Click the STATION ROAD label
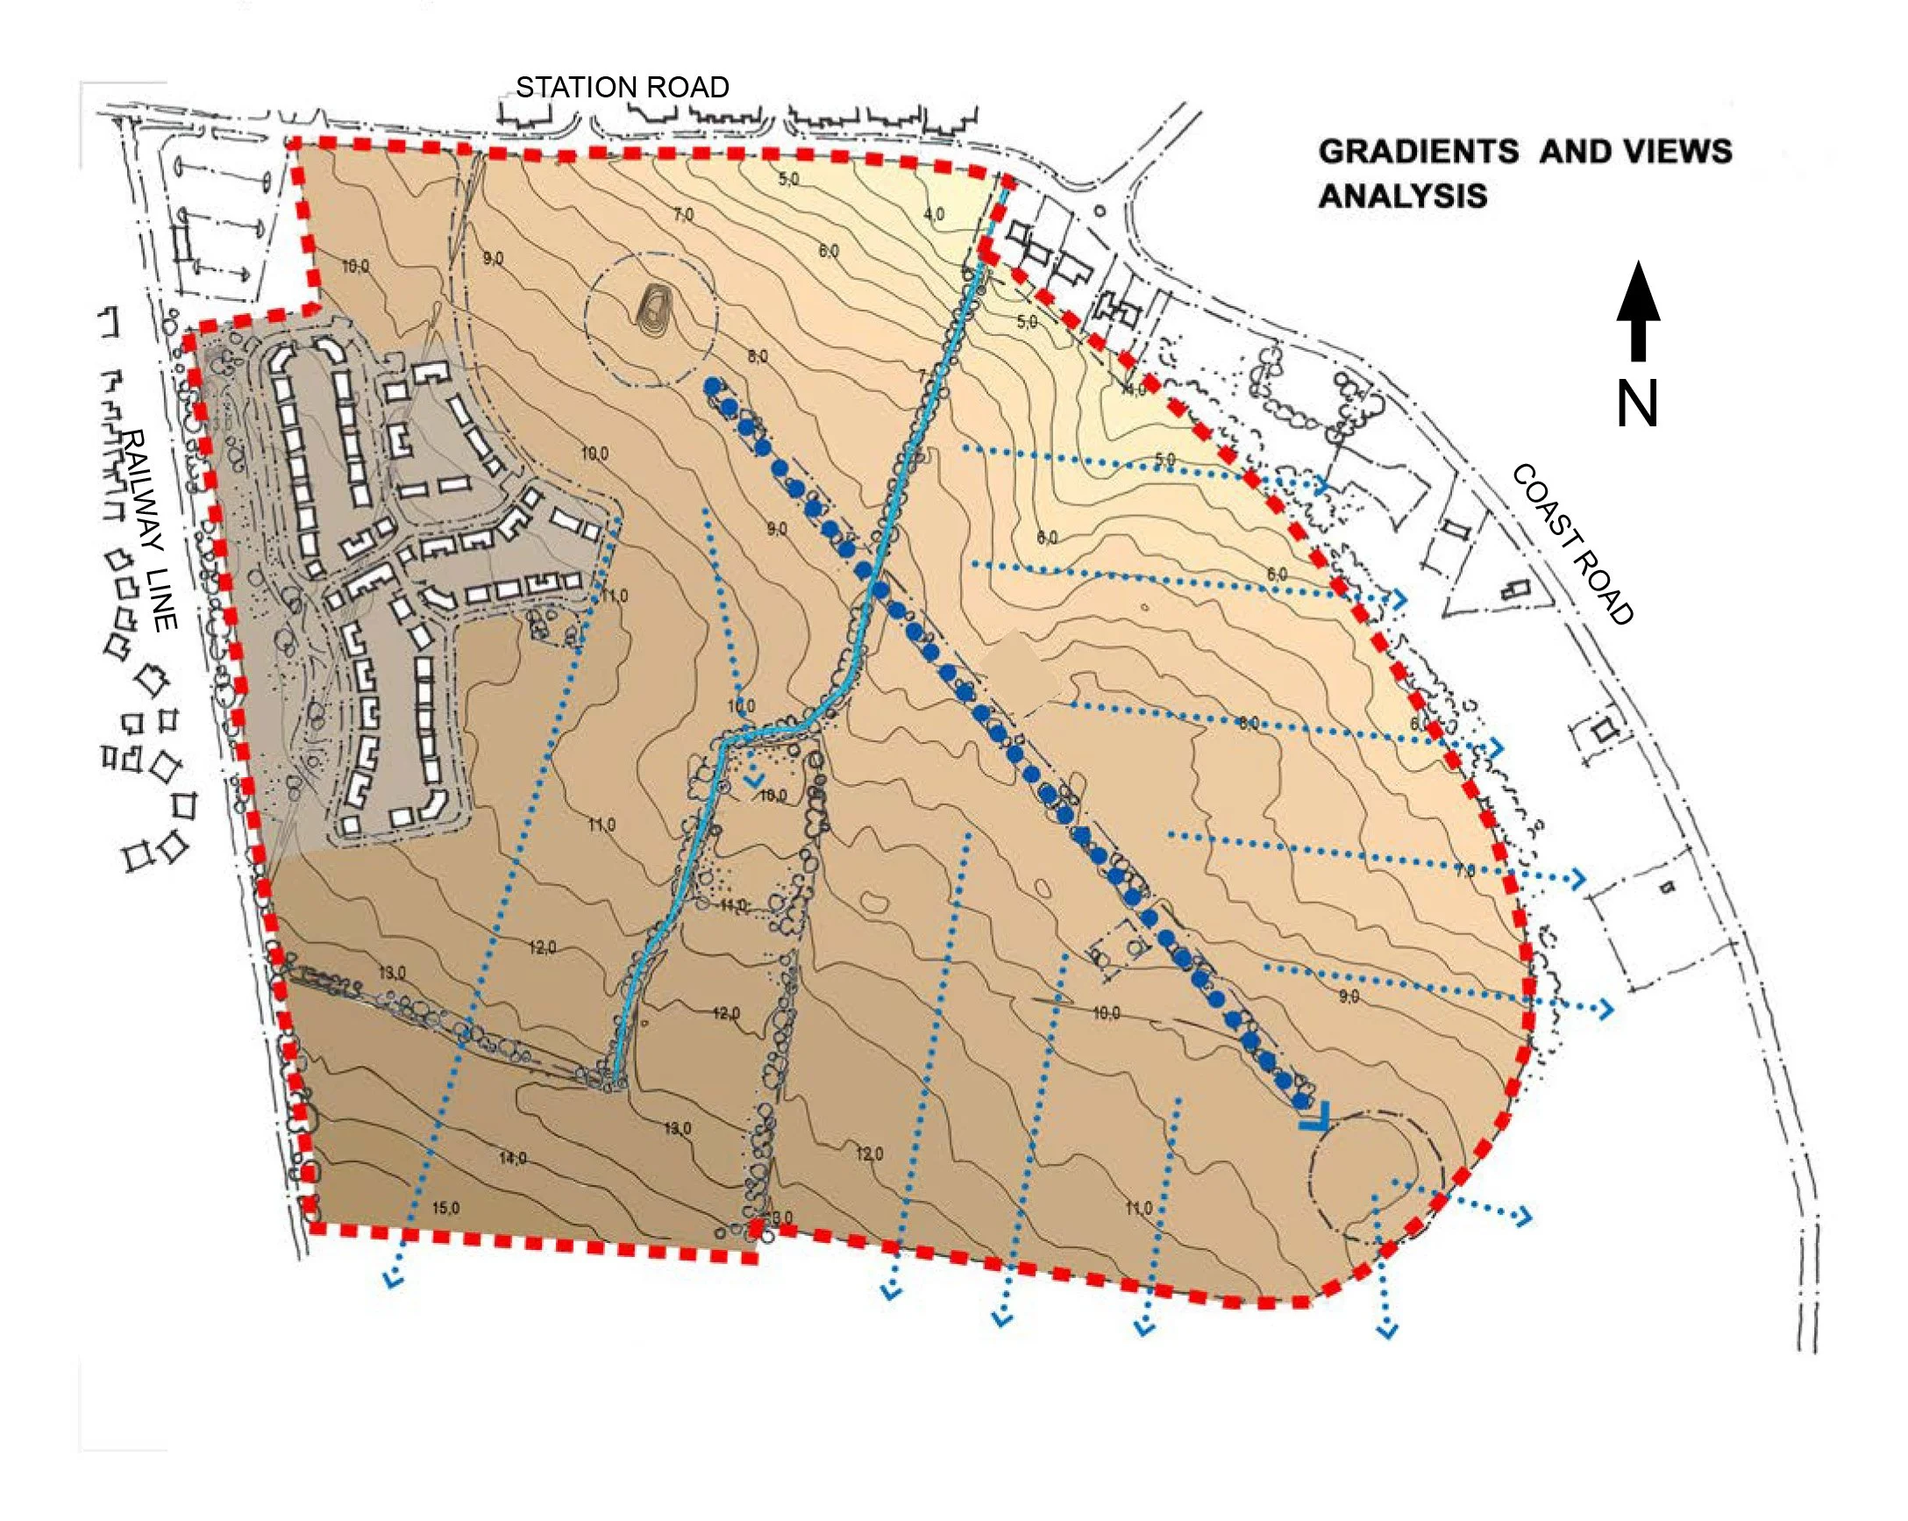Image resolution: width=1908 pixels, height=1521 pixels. [623, 87]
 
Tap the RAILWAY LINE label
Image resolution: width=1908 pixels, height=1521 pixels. [152, 531]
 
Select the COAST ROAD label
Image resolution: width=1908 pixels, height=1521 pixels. [1570, 545]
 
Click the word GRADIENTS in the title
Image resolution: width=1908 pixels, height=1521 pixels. [1418, 152]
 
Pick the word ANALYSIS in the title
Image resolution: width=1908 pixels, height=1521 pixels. [1403, 196]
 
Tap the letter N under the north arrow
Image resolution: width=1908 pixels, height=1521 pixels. [1636, 404]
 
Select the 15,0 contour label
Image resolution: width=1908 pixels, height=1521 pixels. [445, 1209]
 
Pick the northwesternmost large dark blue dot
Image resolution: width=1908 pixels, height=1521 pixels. [710, 386]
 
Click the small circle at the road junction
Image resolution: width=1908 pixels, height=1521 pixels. [1100, 211]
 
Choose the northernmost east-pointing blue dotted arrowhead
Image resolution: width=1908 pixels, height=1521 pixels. [1321, 486]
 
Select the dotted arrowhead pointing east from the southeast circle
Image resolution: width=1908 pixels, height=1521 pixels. [1522, 1217]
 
